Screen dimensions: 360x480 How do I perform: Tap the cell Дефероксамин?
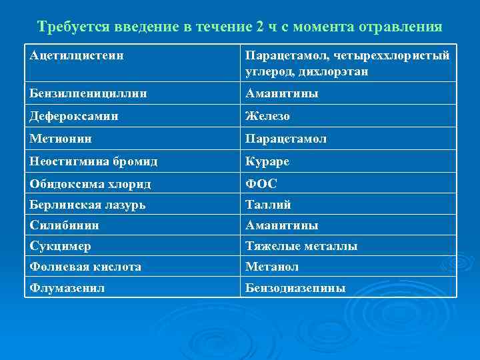[74, 116]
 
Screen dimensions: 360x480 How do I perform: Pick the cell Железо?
[267, 116]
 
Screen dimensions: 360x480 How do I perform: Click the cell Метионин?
[61, 139]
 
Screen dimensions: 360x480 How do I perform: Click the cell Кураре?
[267, 161]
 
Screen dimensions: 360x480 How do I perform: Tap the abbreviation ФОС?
[261, 183]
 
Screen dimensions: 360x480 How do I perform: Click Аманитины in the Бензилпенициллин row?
[281, 93]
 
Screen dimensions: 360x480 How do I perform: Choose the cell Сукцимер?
[60, 246]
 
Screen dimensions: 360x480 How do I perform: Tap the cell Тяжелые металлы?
[301, 246]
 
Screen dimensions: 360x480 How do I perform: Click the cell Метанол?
[271, 267]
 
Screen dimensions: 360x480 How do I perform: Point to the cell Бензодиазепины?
[295, 288]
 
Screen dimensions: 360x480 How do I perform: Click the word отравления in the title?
[401, 27]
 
